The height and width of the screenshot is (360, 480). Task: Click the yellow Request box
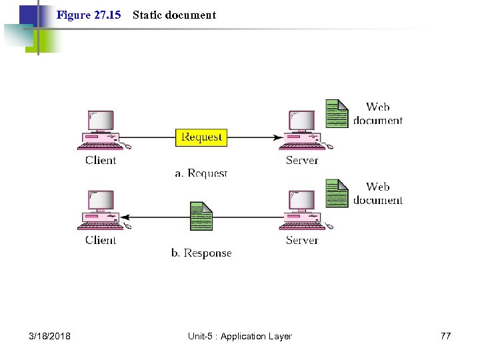point(201,137)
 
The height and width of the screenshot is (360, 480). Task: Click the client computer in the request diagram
point(101,130)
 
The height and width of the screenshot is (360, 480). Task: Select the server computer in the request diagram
point(302,130)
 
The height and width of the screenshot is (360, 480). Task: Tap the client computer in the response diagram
point(101,210)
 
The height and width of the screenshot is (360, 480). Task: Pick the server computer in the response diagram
point(302,210)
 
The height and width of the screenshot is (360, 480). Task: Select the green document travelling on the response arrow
point(201,216)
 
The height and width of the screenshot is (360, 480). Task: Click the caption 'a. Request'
point(201,173)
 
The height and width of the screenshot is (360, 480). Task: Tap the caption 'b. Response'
point(201,253)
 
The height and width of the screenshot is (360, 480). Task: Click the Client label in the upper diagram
point(101,160)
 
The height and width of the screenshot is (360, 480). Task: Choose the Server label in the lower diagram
point(302,240)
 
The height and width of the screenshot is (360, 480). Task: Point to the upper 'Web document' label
point(378,113)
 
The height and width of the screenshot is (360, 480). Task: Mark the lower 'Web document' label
point(378,193)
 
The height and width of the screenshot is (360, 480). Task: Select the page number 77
point(445,336)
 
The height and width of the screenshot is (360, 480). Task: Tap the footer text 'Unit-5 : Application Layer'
point(240,336)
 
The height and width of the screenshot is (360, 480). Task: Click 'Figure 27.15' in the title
point(89,15)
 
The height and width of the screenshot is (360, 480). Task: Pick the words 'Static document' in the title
point(175,15)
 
